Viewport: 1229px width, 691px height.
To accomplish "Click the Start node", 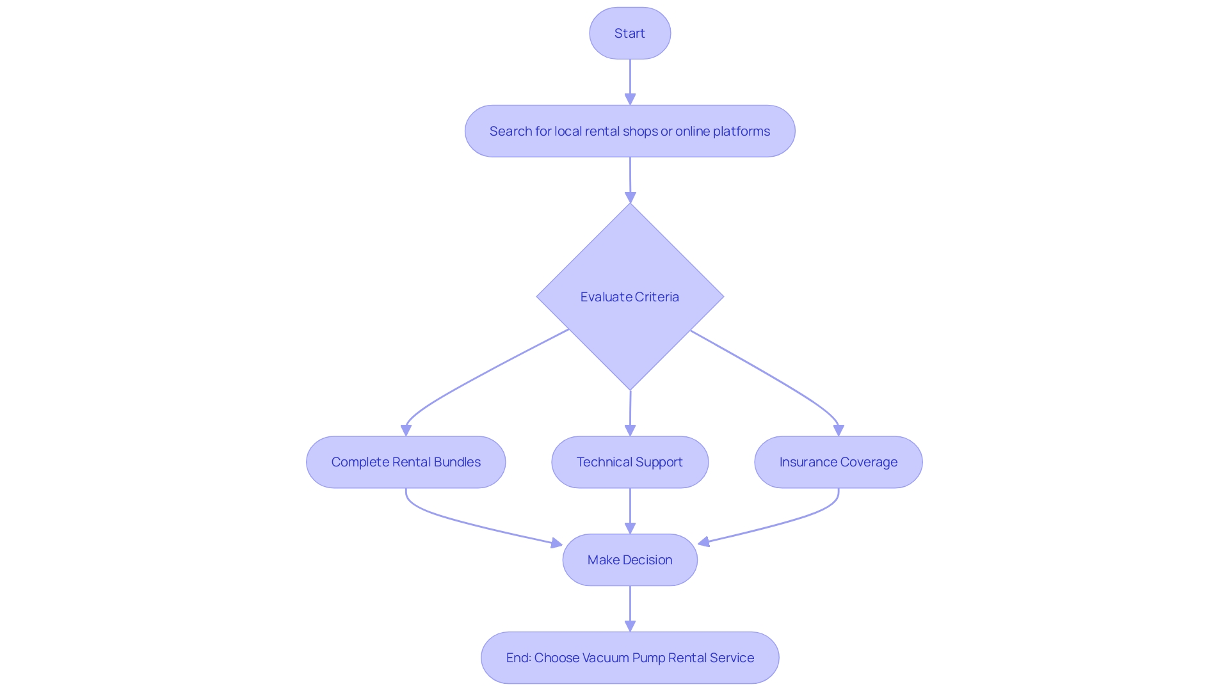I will (630, 33).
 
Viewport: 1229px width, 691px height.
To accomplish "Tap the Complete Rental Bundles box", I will (406, 462).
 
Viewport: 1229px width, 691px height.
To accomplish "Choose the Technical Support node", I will (630, 462).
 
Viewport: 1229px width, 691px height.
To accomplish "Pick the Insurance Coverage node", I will (839, 462).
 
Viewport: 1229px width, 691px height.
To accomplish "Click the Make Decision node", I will (630, 560).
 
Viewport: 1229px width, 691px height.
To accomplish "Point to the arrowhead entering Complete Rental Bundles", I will (406, 431).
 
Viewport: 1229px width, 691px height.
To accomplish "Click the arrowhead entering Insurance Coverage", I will (839, 431).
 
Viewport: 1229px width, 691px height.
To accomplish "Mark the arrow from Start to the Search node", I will (630, 80).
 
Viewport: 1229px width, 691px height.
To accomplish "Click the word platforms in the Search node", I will (741, 131).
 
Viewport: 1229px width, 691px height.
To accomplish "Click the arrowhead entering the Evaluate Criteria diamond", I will (630, 198).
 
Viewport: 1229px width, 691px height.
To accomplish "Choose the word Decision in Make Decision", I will (648, 560).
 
